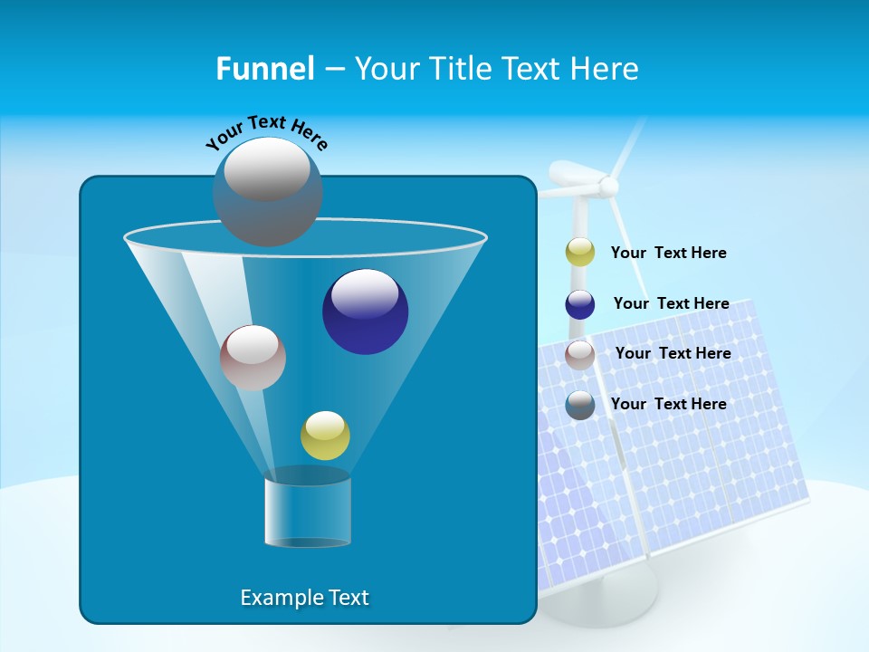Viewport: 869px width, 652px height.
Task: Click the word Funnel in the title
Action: coord(264,68)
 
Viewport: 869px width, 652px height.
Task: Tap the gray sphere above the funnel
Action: coord(267,191)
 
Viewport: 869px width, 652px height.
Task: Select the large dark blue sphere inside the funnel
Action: coord(365,312)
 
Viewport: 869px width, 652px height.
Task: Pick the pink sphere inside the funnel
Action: coord(253,358)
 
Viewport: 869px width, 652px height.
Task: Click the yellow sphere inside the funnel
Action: coord(325,436)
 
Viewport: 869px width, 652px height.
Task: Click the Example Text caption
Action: coord(304,598)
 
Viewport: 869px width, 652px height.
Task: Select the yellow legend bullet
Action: coord(580,253)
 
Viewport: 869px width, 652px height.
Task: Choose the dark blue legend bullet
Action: coord(580,304)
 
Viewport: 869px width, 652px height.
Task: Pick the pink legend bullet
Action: coord(580,354)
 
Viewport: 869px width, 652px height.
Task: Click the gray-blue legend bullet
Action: coord(580,405)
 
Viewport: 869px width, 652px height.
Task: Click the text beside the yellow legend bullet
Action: coord(668,253)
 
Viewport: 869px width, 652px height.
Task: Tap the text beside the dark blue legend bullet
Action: coord(671,303)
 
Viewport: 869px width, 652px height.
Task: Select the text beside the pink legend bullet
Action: coord(673,353)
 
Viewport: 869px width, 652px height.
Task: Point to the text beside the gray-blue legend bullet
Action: coord(668,404)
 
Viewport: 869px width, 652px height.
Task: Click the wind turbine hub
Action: coord(608,187)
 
